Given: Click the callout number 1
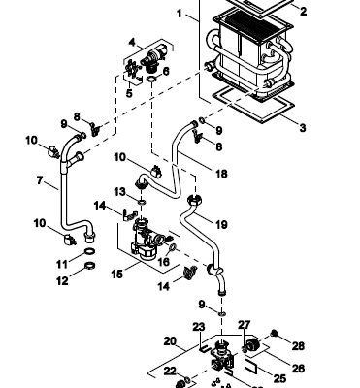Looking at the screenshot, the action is (x=180, y=14).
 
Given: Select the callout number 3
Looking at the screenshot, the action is (x=303, y=128).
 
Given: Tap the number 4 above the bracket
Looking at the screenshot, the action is (x=132, y=43).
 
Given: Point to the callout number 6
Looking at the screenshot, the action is (x=166, y=71).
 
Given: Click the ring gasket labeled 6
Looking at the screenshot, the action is (x=151, y=79).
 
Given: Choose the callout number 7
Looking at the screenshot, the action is (x=40, y=180).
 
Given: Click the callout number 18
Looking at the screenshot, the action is (x=221, y=174).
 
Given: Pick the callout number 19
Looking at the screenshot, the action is (x=221, y=224).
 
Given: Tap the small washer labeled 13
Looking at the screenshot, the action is (x=142, y=203).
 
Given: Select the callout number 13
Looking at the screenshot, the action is (x=119, y=192).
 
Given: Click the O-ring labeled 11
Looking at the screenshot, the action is (x=90, y=251).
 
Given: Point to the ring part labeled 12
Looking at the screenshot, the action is (x=90, y=266).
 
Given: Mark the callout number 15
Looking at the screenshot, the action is (x=117, y=274).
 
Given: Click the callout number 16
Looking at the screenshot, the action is (x=164, y=262).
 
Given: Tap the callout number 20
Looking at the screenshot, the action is (x=171, y=341).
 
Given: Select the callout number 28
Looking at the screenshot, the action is (x=298, y=346).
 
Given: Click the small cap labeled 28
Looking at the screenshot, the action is (x=275, y=333).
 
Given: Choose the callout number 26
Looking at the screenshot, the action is (x=298, y=368).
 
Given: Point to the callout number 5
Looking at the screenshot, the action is (x=129, y=94).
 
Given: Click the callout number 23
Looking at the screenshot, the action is (x=199, y=327).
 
